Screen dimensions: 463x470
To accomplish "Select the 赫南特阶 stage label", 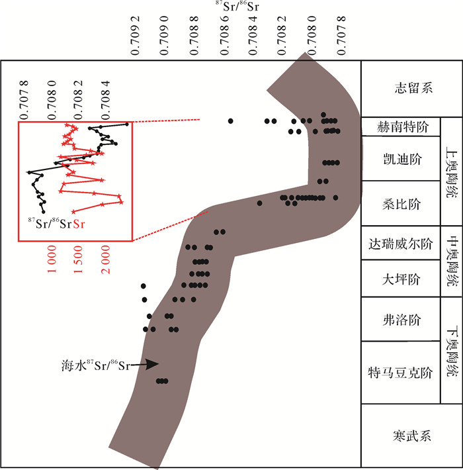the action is pyautogui.click(x=401, y=126).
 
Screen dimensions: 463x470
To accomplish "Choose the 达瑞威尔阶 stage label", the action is pyautogui.click(x=401, y=243).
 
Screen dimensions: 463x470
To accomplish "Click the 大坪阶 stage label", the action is pyautogui.click(x=401, y=279).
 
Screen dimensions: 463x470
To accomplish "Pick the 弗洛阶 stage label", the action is pyautogui.click(x=401, y=320).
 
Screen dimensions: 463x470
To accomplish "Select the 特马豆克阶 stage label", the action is pyautogui.click(x=401, y=372).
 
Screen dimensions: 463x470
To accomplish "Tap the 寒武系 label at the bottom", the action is pyautogui.click(x=410, y=436).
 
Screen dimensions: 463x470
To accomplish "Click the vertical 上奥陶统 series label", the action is pyautogui.click(x=452, y=172).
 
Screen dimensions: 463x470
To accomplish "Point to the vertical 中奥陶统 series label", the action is pyautogui.click(x=452, y=259).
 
